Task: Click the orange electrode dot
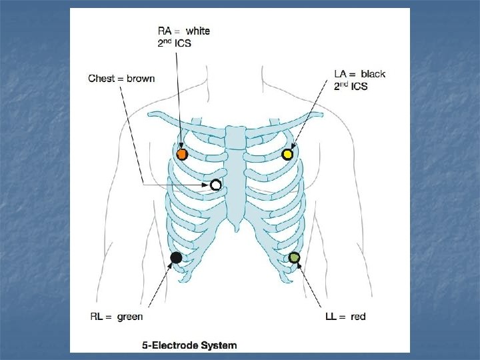coord(181,155)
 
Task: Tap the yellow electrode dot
coord(287,155)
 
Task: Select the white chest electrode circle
coord(215,185)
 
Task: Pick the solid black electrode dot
coord(177,257)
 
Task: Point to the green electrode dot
coord(294,257)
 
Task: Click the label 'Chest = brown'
coord(121,79)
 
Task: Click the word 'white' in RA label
coord(197,31)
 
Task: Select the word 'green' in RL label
coord(130,317)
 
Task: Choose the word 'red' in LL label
coord(358,317)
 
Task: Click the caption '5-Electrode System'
coord(189,345)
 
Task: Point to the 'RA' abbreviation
coord(164,31)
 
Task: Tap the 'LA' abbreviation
coord(340,74)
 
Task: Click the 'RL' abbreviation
coord(97,317)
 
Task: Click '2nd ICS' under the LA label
coord(350,87)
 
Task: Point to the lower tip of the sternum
coord(235,231)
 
